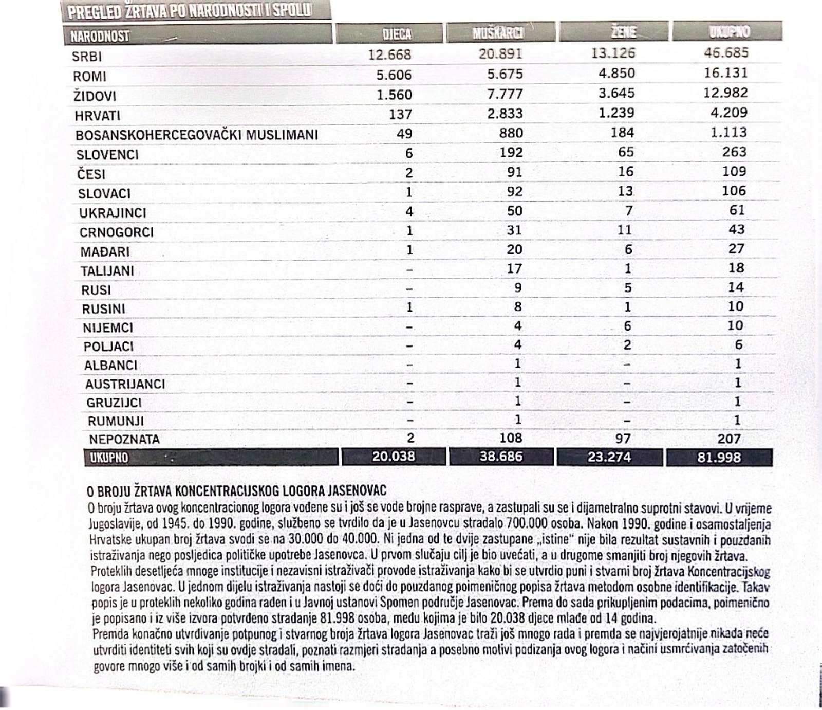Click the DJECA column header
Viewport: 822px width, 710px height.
tap(397, 34)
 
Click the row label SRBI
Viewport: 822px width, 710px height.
tap(87, 57)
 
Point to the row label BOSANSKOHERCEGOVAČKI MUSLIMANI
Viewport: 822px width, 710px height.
tap(196, 135)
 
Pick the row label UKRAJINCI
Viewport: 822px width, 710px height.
tap(113, 213)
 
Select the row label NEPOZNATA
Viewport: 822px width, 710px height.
tap(124, 440)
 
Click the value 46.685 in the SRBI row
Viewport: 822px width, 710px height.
tap(726, 52)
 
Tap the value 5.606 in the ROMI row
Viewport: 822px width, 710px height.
tap(394, 75)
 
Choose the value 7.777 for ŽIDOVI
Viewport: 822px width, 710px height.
tap(505, 94)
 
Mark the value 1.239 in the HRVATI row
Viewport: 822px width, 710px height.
tap(616, 113)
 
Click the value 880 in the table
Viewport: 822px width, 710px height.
tap(511, 133)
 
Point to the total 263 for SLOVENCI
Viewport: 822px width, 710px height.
tap(734, 152)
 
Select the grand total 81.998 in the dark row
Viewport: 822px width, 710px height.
tap(719, 457)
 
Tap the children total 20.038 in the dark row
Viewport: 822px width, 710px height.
tap(393, 456)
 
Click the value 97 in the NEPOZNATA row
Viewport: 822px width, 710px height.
tap(623, 439)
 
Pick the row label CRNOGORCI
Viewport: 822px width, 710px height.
tap(117, 232)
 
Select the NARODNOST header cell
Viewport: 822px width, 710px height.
tap(100, 37)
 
